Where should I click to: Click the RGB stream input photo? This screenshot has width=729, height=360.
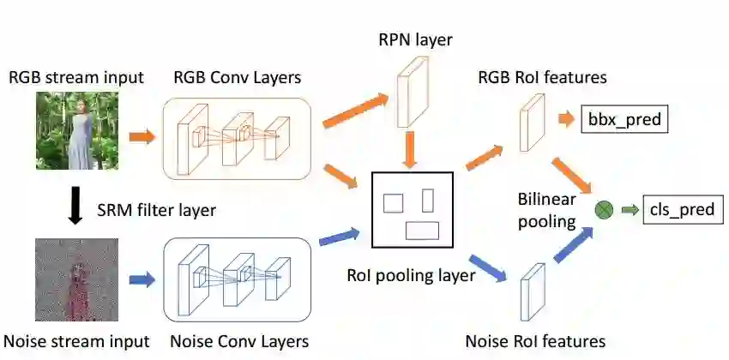tap(76, 130)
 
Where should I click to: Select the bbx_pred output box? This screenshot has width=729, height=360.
tap(624, 120)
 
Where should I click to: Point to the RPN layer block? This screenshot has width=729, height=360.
tap(414, 90)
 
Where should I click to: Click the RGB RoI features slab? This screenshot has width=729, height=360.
tap(532, 123)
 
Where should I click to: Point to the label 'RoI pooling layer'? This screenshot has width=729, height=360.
tap(411, 275)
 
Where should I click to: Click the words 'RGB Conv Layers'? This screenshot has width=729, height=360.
tap(237, 78)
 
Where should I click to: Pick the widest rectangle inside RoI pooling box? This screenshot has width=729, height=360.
tap(422, 230)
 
